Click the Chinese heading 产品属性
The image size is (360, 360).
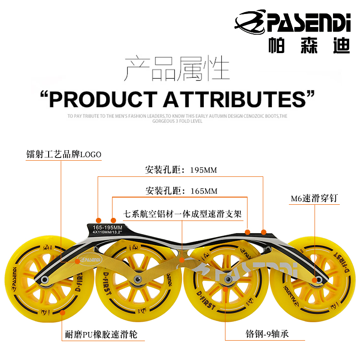click(x=177, y=69)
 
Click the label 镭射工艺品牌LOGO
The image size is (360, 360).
click(x=64, y=155)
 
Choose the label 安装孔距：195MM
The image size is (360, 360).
click(x=181, y=171)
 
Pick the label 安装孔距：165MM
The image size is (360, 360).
click(x=181, y=191)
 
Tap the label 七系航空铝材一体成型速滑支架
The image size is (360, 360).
click(x=182, y=214)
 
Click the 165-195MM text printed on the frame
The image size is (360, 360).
click(x=108, y=228)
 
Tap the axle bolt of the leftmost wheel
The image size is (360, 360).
click(x=45, y=280)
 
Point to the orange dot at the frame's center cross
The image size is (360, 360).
click(x=182, y=260)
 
